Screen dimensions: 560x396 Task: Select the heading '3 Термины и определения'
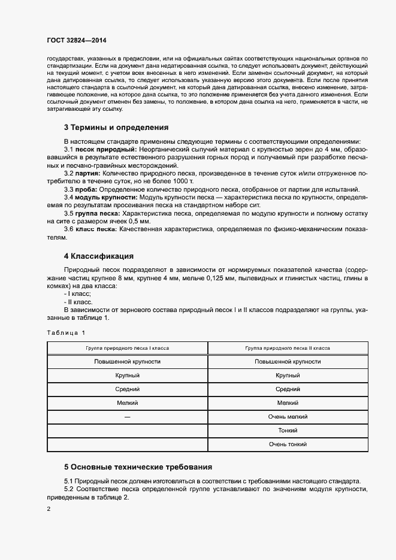[116, 128]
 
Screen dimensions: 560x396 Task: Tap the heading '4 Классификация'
[98, 256]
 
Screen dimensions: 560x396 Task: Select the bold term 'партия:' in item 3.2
[88, 172]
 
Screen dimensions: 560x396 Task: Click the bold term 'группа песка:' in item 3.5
[98, 213]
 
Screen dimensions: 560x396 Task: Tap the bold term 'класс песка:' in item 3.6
[95, 229]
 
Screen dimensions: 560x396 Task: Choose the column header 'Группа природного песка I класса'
[127, 348]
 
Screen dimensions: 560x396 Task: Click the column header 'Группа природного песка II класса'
[288, 348]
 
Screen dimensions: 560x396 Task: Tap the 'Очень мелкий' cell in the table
[288, 417]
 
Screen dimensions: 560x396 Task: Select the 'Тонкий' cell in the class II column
[288, 431]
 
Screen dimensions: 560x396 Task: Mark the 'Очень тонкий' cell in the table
[288, 444]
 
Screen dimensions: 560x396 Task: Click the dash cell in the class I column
[127, 417]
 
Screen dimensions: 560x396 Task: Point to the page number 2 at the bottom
[48, 509]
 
